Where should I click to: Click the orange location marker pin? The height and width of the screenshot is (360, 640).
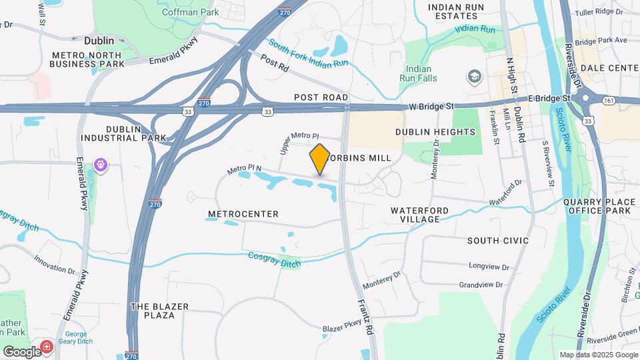click(320, 159)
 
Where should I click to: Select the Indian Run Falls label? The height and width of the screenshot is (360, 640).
click(419, 73)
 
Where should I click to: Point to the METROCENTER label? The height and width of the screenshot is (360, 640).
click(243, 214)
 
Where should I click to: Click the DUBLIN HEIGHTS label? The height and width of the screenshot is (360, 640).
click(435, 132)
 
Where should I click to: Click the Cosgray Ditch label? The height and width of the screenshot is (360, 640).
click(274, 259)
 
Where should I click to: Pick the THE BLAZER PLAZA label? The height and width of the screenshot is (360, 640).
click(159, 311)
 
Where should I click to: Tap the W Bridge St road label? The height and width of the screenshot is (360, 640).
click(431, 106)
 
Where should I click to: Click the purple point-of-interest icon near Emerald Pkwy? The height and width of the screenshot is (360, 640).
click(101, 163)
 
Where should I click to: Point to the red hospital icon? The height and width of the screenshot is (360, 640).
click(47, 347)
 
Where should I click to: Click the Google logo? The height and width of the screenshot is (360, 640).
click(21, 351)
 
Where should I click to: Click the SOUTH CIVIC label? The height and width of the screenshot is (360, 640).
click(498, 241)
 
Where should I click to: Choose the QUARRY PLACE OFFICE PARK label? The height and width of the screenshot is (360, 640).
click(597, 206)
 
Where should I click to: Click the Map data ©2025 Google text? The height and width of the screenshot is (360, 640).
click(598, 355)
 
